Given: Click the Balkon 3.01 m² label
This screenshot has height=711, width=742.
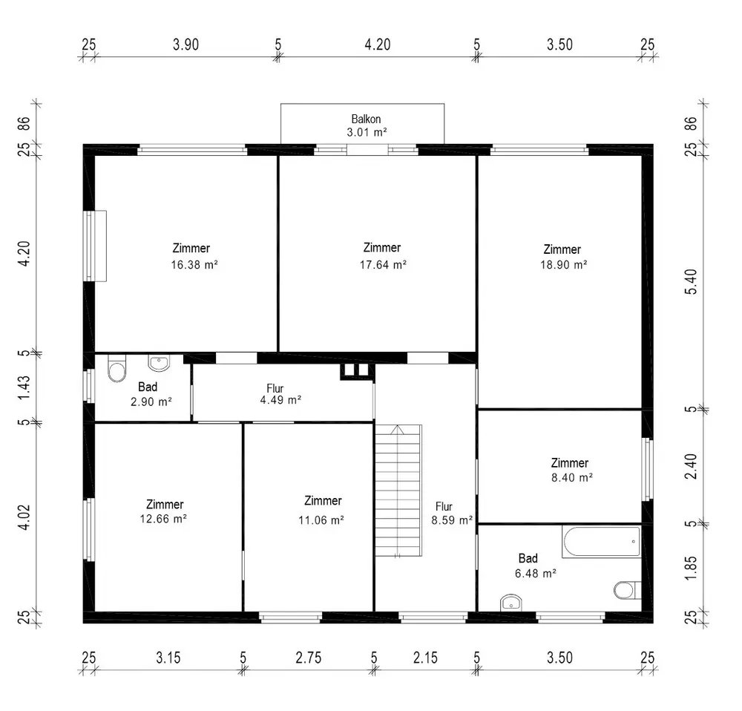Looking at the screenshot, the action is tap(367, 125).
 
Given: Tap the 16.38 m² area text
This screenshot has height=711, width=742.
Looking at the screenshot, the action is tap(194, 265).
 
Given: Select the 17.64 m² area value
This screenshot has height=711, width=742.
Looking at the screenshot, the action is tap(383, 265).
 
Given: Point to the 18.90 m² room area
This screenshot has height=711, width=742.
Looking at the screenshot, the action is tap(564, 265).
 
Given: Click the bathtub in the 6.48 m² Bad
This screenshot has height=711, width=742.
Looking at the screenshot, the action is tap(602, 541).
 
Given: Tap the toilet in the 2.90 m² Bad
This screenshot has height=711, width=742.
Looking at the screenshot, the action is tap(117, 368).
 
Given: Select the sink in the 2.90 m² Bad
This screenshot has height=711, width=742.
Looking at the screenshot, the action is tap(159, 363).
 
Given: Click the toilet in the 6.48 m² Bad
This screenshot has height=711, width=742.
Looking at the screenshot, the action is tap(626, 590).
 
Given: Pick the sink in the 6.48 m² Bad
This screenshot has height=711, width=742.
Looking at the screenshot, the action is tap(510, 603).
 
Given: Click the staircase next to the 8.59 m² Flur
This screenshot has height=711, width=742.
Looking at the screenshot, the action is tap(398, 491).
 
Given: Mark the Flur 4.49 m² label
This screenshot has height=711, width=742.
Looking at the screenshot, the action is tap(280, 394).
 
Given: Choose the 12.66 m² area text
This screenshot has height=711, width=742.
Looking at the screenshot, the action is tap(163, 519).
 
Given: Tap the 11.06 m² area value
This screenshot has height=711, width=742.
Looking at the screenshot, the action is tap(321, 520).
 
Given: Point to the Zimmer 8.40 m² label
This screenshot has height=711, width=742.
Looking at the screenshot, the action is tap(571, 470).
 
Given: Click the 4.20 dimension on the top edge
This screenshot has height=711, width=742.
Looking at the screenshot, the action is tap(378, 45).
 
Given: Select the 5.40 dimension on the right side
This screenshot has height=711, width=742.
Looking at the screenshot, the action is tap(691, 282).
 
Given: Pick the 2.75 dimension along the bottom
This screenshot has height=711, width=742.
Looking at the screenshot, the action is tap(309, 658).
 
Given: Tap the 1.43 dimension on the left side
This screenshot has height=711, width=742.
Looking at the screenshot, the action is tap(24, 387).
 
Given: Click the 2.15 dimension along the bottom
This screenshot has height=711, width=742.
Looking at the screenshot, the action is tap(425, 658).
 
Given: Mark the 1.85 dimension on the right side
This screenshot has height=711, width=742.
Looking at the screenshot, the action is tap(691, 567).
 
